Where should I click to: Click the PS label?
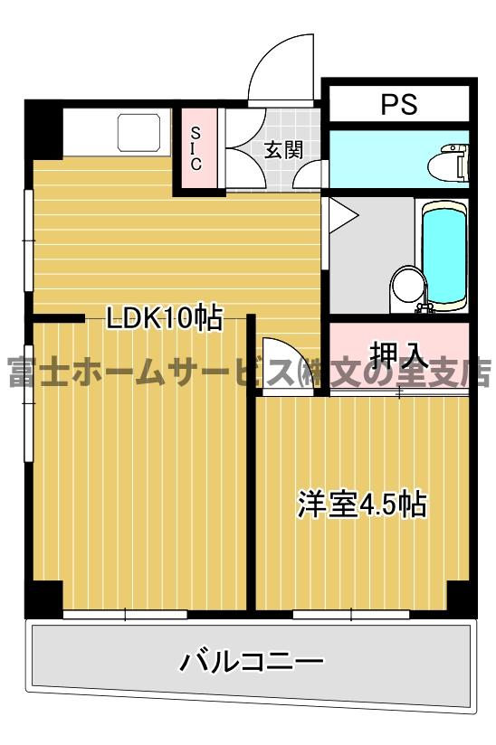(398, 104)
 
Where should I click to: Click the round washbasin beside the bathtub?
(405, 288)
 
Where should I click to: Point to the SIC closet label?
(196, 149)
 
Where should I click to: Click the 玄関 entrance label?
(282, 150)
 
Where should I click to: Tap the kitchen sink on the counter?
(138, 132)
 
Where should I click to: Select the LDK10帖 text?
(164, 317)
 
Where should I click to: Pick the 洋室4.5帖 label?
(362, 504)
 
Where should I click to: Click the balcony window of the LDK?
(125, 614)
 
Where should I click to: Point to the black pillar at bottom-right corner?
(461, 598)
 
